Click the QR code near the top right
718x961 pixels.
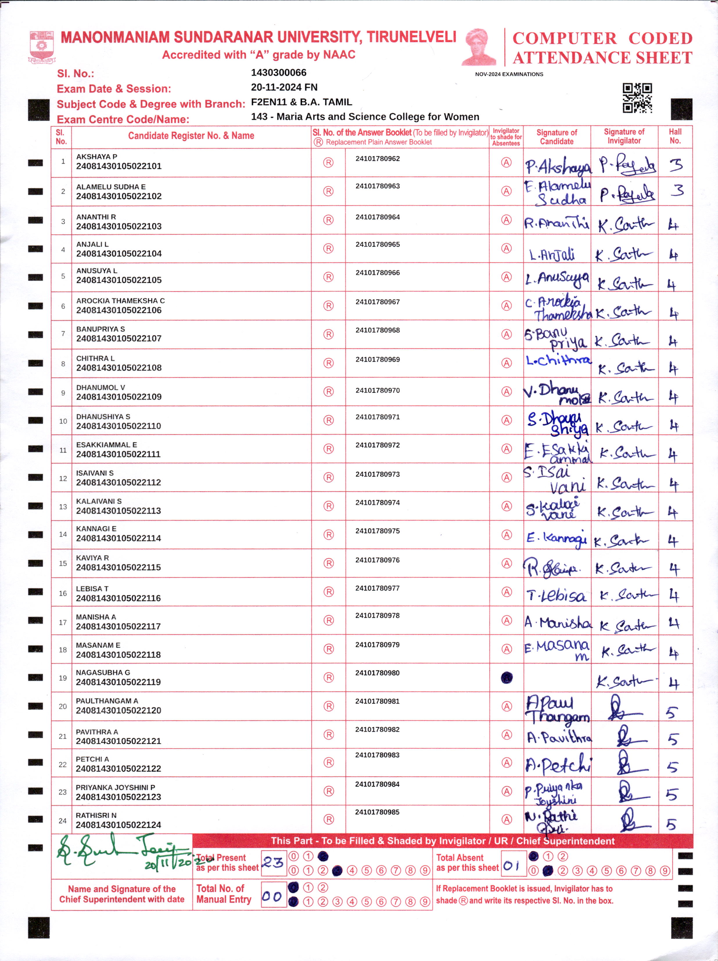637,98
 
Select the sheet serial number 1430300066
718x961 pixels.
279,73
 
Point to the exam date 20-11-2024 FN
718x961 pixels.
284,87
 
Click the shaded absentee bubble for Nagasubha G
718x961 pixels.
507,678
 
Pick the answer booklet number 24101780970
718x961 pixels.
378,390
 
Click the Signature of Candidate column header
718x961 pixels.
557,137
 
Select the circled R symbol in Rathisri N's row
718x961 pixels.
329,819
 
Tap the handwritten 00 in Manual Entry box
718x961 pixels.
272,896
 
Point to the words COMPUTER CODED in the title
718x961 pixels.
602,38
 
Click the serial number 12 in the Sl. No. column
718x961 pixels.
63,478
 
